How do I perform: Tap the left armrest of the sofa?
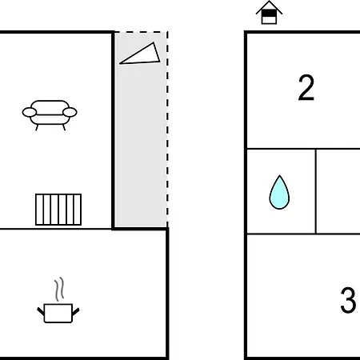click(30, 112)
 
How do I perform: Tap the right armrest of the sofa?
click(70, 112)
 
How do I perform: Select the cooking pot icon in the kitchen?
click(58, 313)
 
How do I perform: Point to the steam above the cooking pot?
click(59, 289)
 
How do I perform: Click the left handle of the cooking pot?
click(41, 311)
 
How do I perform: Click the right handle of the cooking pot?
click(76, 311)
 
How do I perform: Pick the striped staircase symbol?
click(58, 210)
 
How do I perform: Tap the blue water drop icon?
click(279, 193)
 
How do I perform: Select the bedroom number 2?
click(306, 87)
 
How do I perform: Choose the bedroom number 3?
click(348, 300)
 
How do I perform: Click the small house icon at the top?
click(269, 13)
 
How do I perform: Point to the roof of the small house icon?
click(269, 7)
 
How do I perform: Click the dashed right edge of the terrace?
click(167, 130)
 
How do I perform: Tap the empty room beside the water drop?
click(338, 191)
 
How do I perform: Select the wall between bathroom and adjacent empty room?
click(316, 191)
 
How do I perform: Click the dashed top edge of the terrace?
click(142, 32)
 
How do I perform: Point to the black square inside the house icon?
click(269, 14)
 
